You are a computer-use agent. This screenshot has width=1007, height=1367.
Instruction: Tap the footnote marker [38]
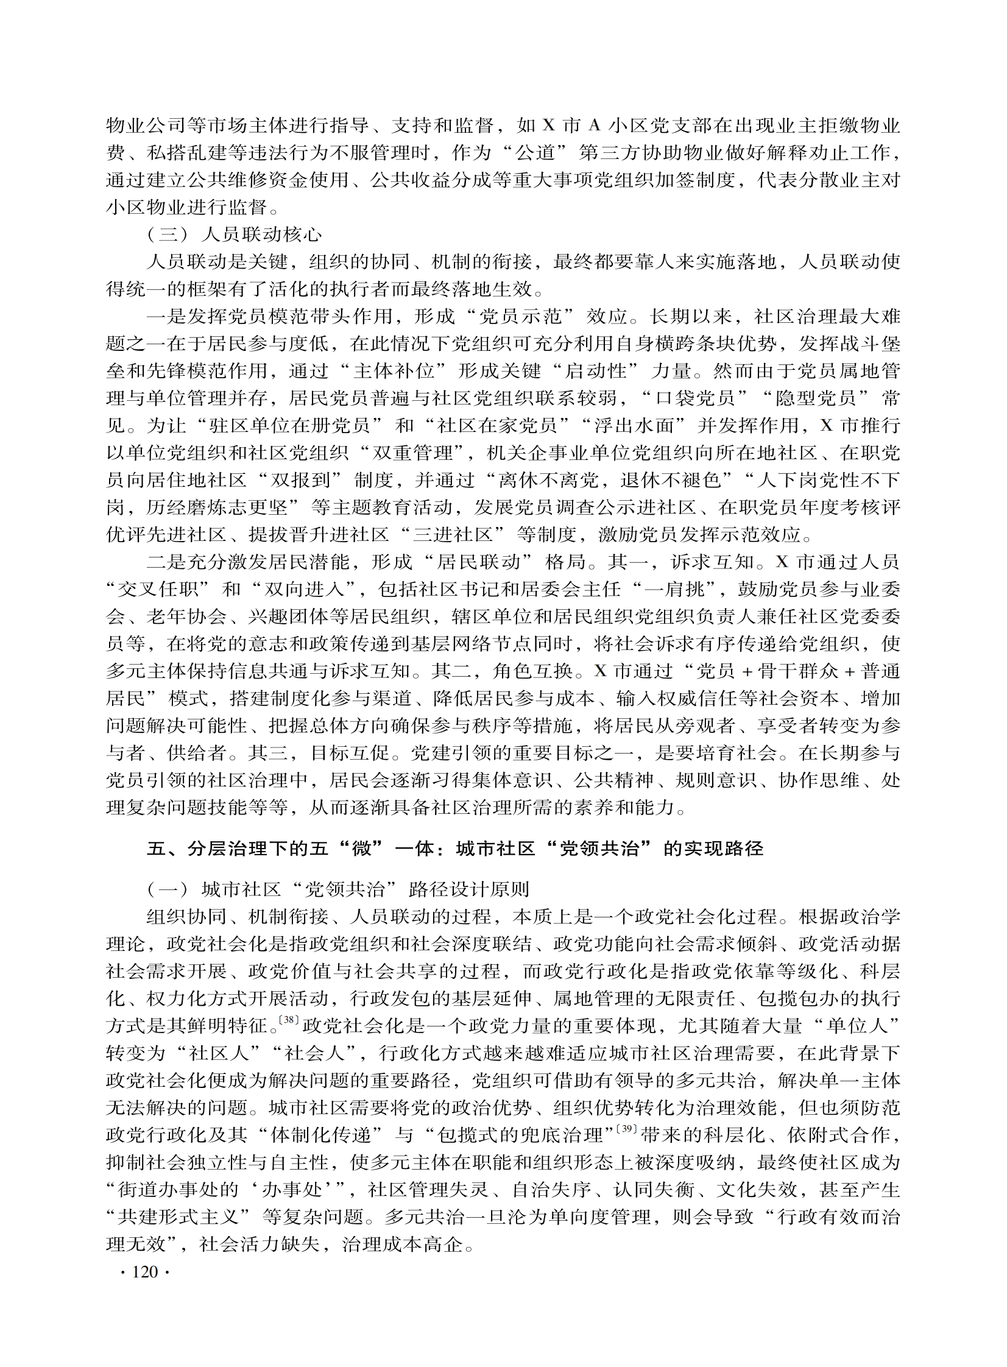tap(288, 1020)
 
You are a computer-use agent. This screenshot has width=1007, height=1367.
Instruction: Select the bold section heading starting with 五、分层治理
tap(454, 849)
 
